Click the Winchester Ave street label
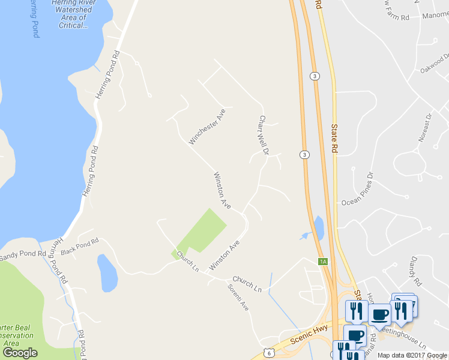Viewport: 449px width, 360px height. (x=207, y=127)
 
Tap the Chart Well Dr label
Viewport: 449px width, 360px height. (x=263, y=136)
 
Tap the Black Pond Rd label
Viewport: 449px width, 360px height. (x=80, y=246)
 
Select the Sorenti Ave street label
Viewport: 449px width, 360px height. (x=238, y=297)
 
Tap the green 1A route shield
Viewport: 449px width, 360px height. (x=323, y=261)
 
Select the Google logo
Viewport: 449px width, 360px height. (x=20, y=353)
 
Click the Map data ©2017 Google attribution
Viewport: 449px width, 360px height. (x=412, y=355)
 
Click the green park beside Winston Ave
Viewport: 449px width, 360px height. (x=203, y=231)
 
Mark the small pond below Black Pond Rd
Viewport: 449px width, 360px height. (x=107, y=273)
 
